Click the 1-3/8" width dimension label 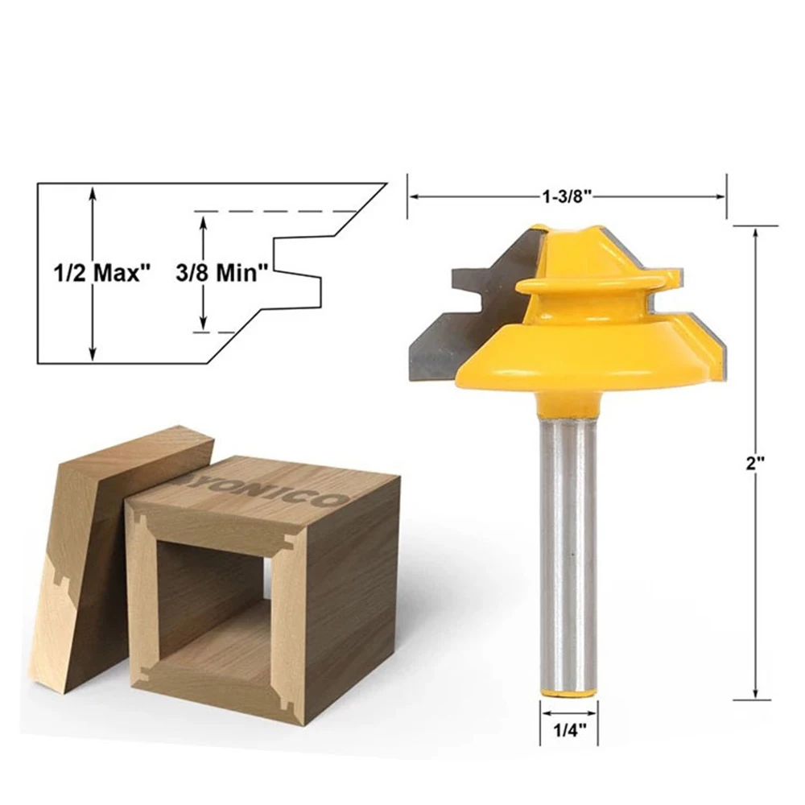coord(567,196)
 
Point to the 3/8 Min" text coord(221,272)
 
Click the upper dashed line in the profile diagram coord(274,212)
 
